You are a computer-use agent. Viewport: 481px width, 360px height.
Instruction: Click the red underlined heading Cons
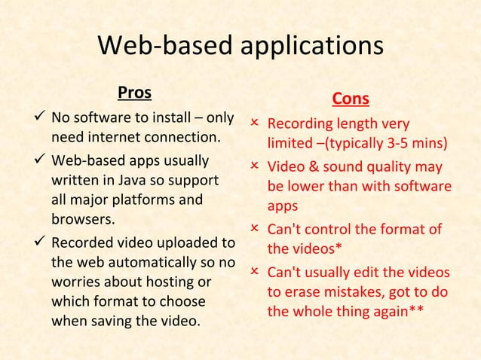pyautogui.click(x=351, y=100)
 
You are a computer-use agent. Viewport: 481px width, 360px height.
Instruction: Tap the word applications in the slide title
pyautogui.click(x=311, y=47)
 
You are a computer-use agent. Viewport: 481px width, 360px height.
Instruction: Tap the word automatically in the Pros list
pyautogui.click(x=154, y=264)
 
